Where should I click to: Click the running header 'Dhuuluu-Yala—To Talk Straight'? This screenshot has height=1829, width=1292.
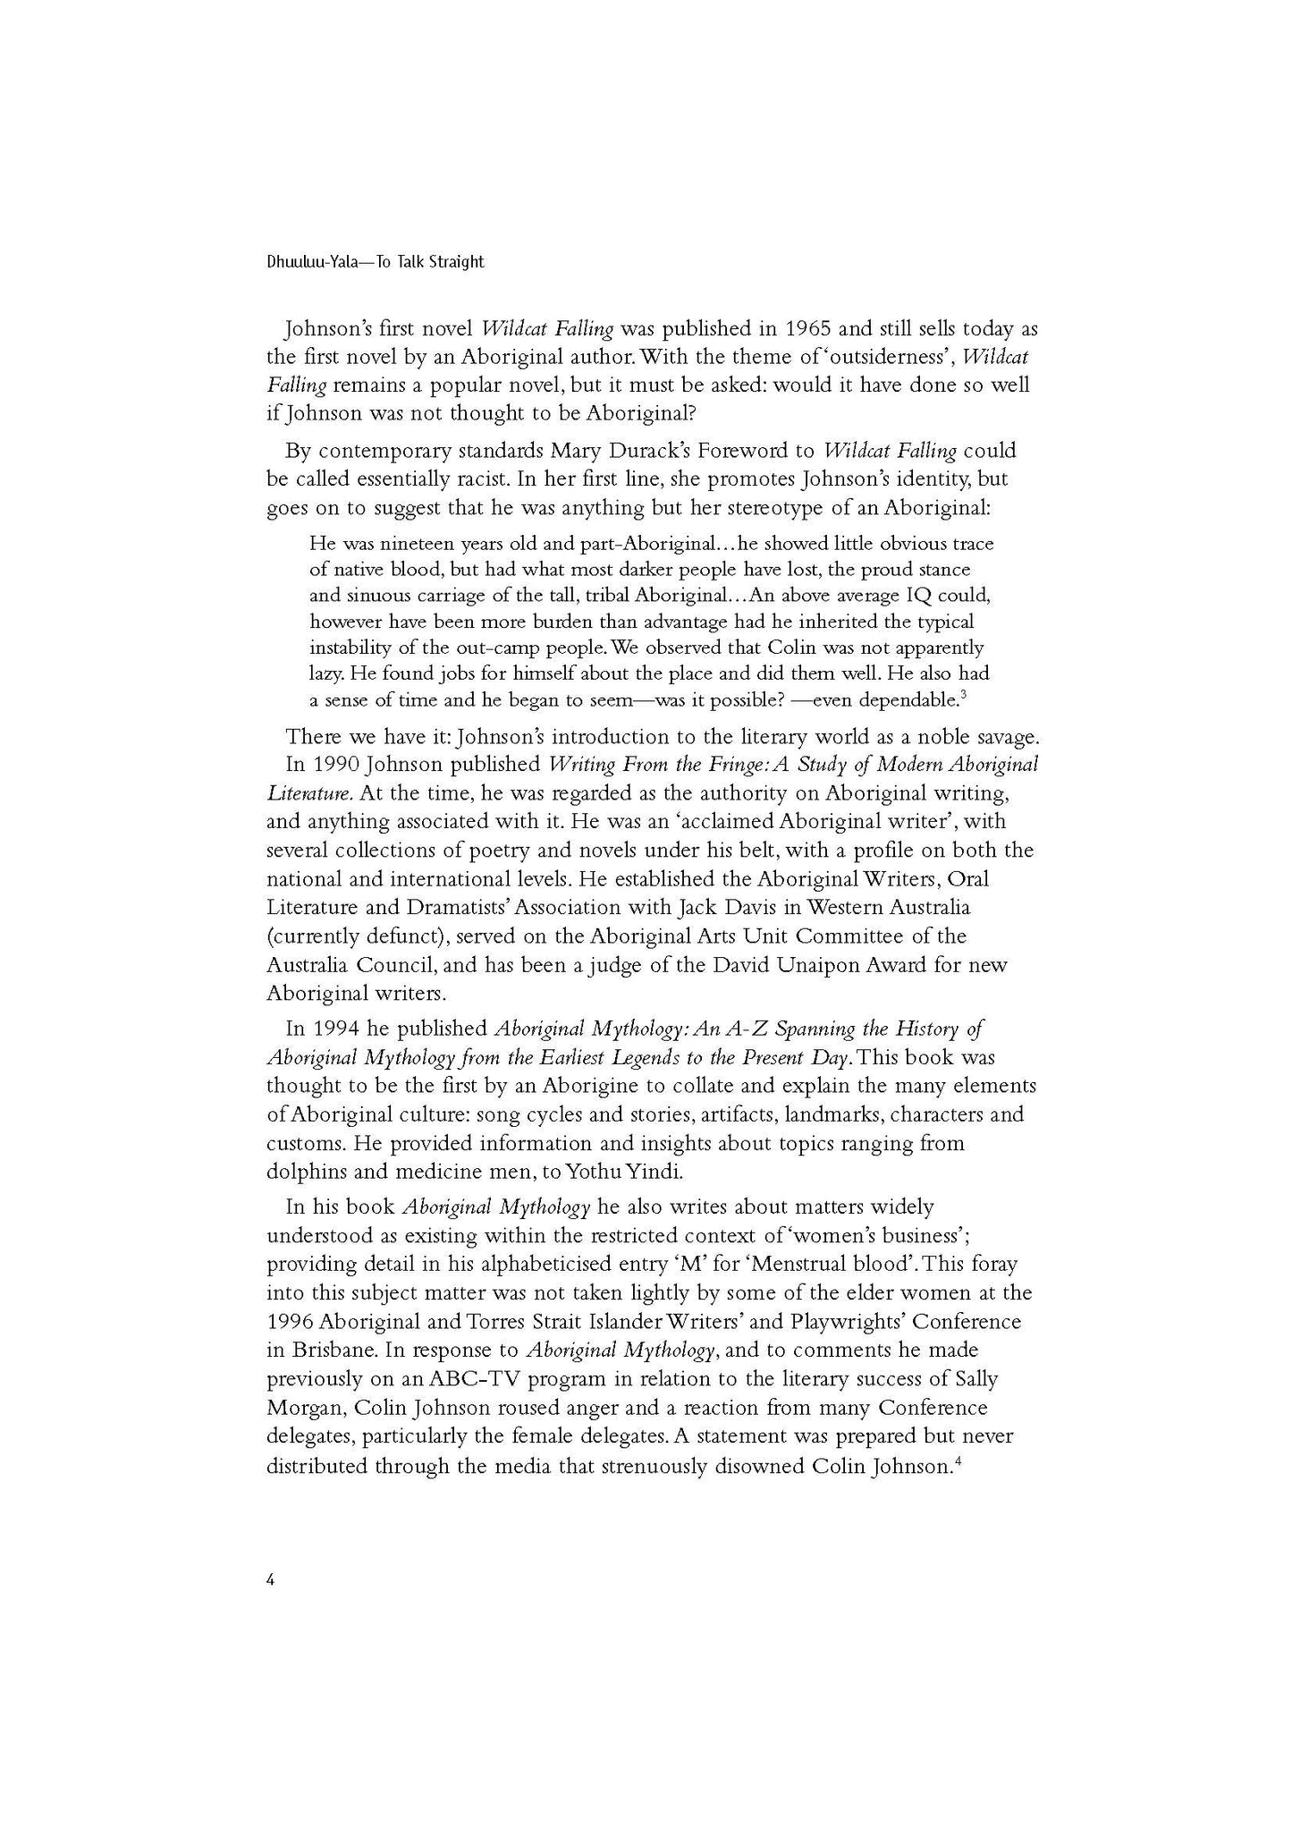click(375, 262)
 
